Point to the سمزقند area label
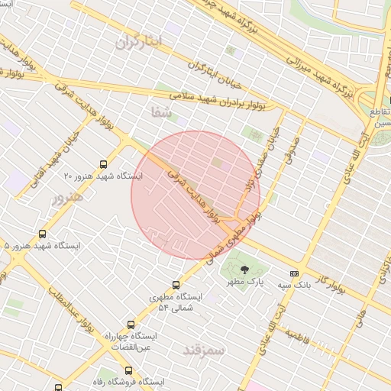pos(202,350)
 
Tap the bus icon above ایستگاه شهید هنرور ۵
pos(41,234)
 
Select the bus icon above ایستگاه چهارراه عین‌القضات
pos(131,324)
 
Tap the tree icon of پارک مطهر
pos(244,270)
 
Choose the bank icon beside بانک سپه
pos(294,273)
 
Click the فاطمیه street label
pos(296,336)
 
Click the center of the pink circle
pos(195,195)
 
